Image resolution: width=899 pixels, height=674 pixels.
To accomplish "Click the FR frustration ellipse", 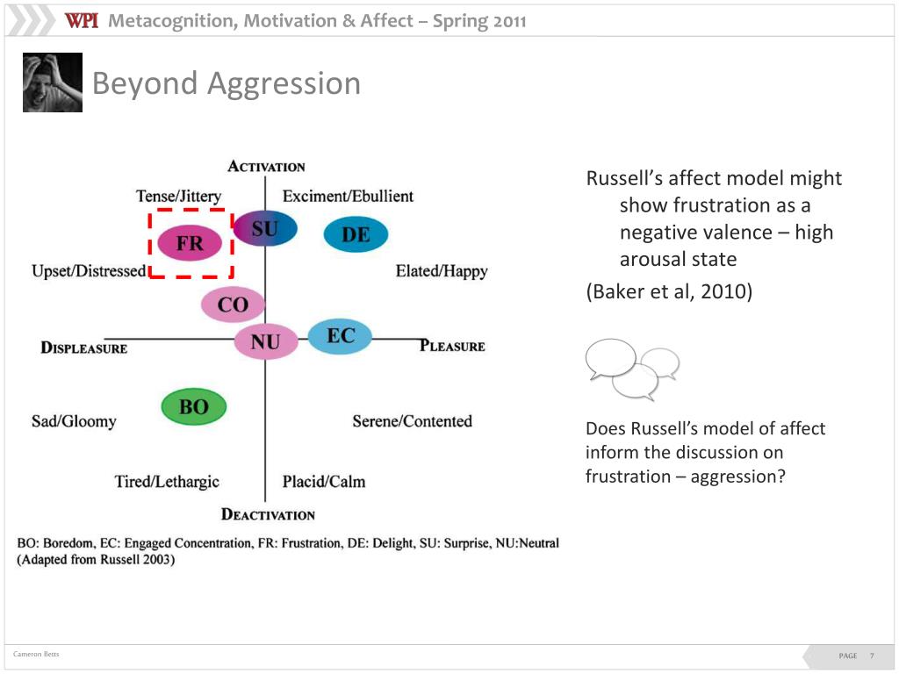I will (190, 243).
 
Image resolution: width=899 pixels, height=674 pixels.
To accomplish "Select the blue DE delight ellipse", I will (356, 234).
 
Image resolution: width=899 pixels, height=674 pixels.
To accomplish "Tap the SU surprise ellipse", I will (264, 228).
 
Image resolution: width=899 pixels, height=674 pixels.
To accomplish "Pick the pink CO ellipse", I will (233, 305).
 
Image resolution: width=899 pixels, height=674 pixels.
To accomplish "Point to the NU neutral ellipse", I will (265, 341).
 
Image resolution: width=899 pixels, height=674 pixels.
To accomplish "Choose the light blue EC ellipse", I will (340, 336).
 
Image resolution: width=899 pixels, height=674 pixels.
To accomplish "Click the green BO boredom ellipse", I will (194, 406).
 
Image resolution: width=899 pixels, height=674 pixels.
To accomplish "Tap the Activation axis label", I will (266, 167).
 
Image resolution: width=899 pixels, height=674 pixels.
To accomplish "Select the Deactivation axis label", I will (268, 514).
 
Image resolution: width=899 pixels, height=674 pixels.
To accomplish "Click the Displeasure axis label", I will (84, 348).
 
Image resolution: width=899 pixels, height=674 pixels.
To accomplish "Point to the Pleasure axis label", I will (452, 346).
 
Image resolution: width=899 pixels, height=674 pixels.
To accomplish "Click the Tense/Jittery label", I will (179, 196).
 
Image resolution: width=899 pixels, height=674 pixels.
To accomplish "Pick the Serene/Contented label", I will (412, 421).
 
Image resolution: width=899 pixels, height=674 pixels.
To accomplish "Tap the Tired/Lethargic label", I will (167, 481).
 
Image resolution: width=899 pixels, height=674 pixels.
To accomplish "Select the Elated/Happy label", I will (442, 271).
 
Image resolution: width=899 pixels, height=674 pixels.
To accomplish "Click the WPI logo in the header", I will (82, 21).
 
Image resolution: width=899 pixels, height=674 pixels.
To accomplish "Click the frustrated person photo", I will (53, 82).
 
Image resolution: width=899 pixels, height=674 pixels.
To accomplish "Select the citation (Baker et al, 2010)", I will (669, 292).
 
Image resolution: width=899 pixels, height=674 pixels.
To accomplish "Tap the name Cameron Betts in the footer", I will (36, 655).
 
